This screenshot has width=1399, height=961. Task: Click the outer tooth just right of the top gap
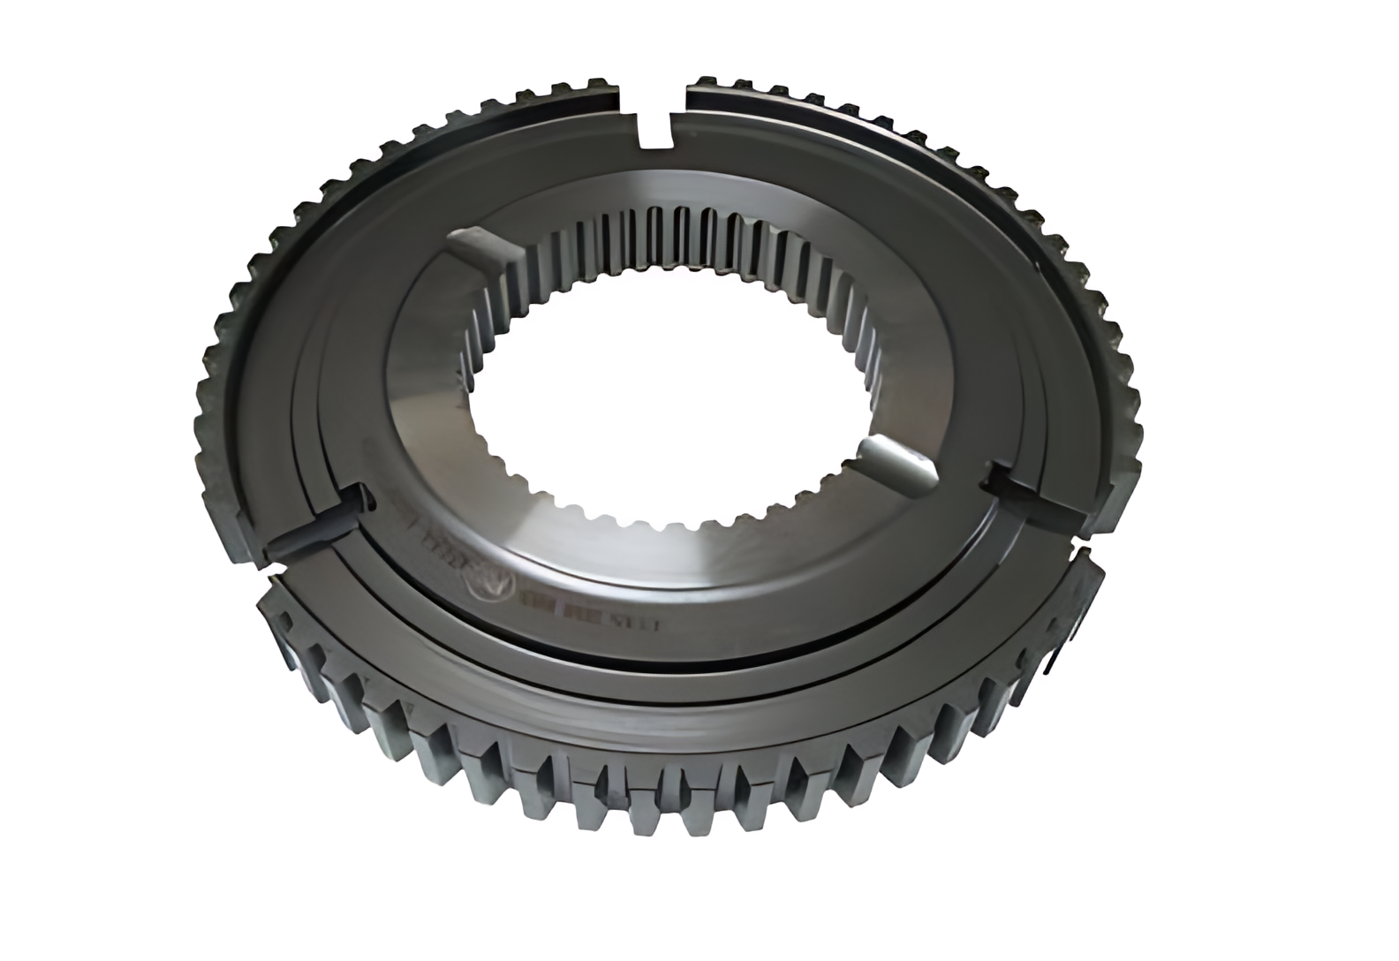point(707,83)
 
